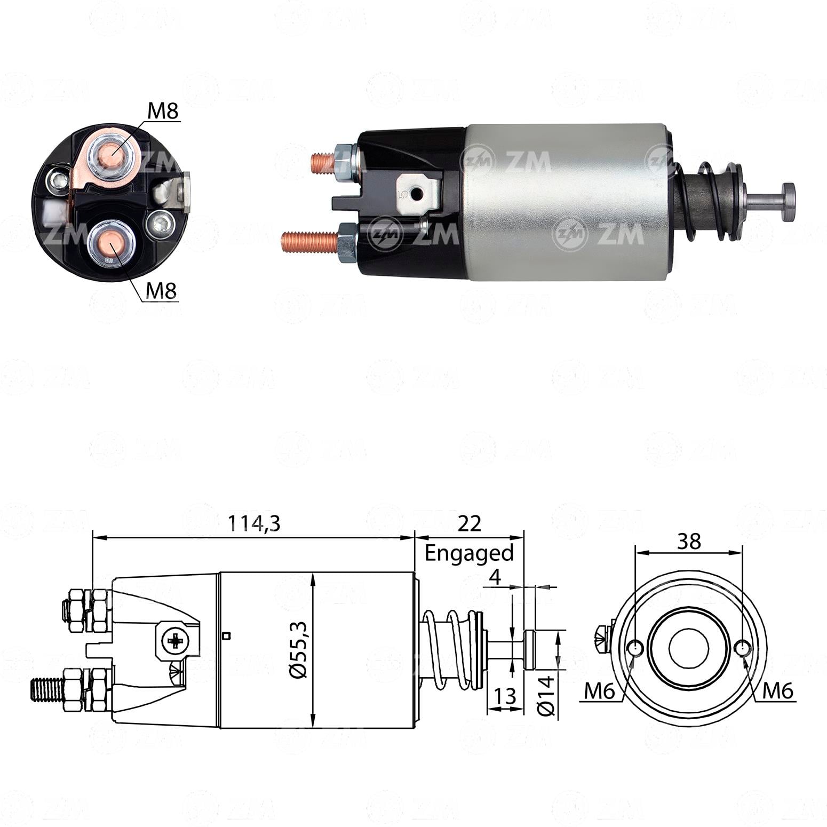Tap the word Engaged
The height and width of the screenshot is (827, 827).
469,553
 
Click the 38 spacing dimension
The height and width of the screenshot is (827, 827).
689,541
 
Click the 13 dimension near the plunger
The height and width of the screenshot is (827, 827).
505,696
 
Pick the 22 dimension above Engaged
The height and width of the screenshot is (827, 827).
470,523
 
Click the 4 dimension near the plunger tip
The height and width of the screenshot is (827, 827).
496,577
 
